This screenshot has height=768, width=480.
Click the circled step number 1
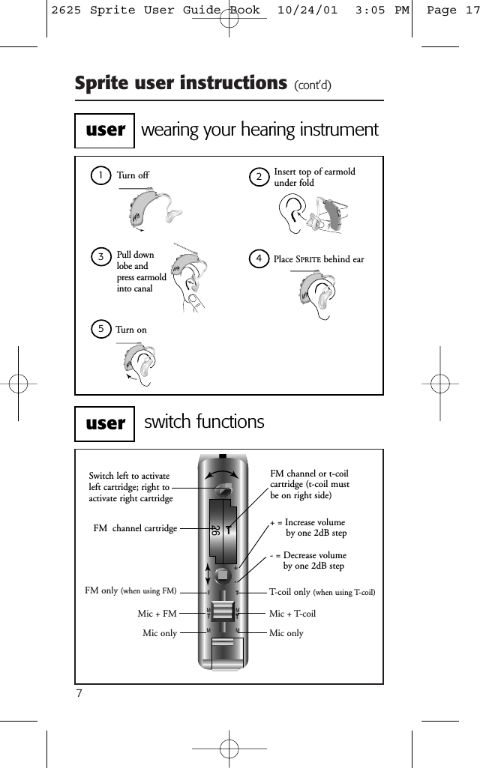(x=98, y=175)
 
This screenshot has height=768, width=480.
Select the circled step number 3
(x=99, y=258)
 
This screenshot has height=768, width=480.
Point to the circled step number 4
(x=259, y=258)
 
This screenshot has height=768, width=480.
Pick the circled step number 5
(x=99, y=329)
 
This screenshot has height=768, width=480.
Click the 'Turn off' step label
(x=133, y=175)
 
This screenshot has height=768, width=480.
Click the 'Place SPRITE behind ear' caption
(x=319, y=259)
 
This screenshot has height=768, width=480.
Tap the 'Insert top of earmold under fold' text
(x=314, y=177)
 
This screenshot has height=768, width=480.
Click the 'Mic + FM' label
(x=157, y=614)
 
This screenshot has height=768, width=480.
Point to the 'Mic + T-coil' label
(x=292, y=614)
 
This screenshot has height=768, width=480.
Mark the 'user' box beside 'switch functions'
(x=105, y=423)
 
